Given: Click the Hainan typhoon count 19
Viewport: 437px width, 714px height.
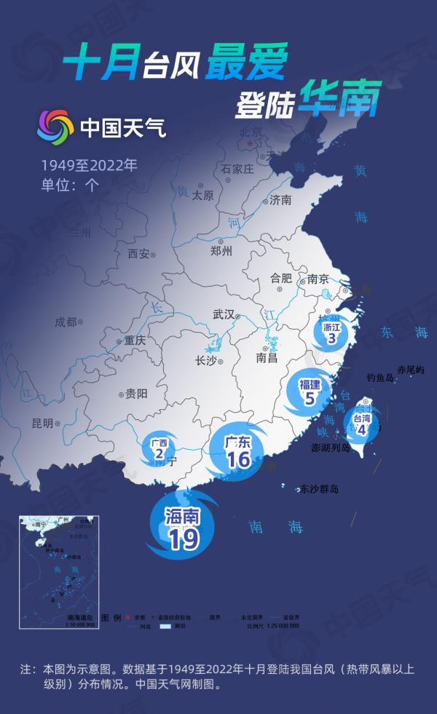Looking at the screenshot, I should tap(183, 539).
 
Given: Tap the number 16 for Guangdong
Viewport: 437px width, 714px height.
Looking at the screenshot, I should tap(238, 459).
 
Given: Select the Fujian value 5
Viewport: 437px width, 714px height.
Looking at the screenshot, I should tap(310, 398).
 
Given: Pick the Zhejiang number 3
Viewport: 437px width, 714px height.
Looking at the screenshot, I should tap(331, 338).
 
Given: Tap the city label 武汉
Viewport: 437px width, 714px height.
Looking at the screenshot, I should tap(224, 314).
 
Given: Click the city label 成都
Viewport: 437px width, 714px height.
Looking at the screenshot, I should tap(66, 321).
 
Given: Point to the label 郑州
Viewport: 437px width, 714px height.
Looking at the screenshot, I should tap(220, 252).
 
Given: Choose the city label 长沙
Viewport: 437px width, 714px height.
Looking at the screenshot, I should tap(206, 360).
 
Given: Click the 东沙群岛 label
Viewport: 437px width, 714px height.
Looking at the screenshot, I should tap(319, 489).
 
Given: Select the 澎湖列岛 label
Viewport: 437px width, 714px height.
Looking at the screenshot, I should tap(331, 448).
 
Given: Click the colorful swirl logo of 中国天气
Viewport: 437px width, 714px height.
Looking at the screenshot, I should tap(55, 127).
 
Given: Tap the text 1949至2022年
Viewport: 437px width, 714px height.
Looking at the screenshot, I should tap(88, 164).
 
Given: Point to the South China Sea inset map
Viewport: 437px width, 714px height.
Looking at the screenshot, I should tap(59, 572).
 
